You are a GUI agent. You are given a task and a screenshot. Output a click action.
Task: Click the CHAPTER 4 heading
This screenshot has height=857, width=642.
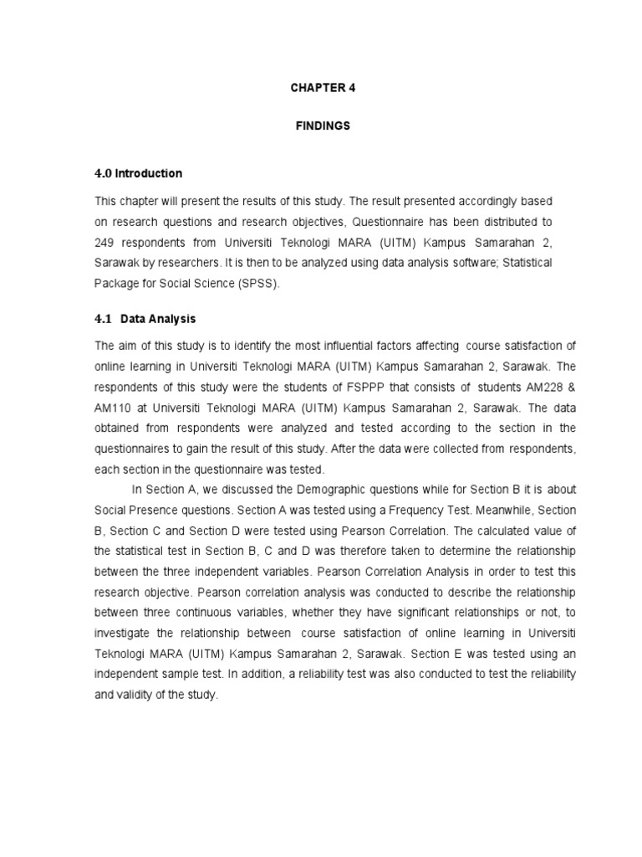[x=323, y=87]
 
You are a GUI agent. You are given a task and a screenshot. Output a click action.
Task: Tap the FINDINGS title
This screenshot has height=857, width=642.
[x=323, y=126]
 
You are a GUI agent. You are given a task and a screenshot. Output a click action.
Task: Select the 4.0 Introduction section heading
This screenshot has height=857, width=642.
[x=138, y=173]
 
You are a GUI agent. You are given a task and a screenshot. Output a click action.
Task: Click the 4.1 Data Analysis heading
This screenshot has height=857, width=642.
[x=145, y=319]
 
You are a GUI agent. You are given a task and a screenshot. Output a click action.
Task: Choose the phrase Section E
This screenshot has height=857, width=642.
[x=434, y=653]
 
